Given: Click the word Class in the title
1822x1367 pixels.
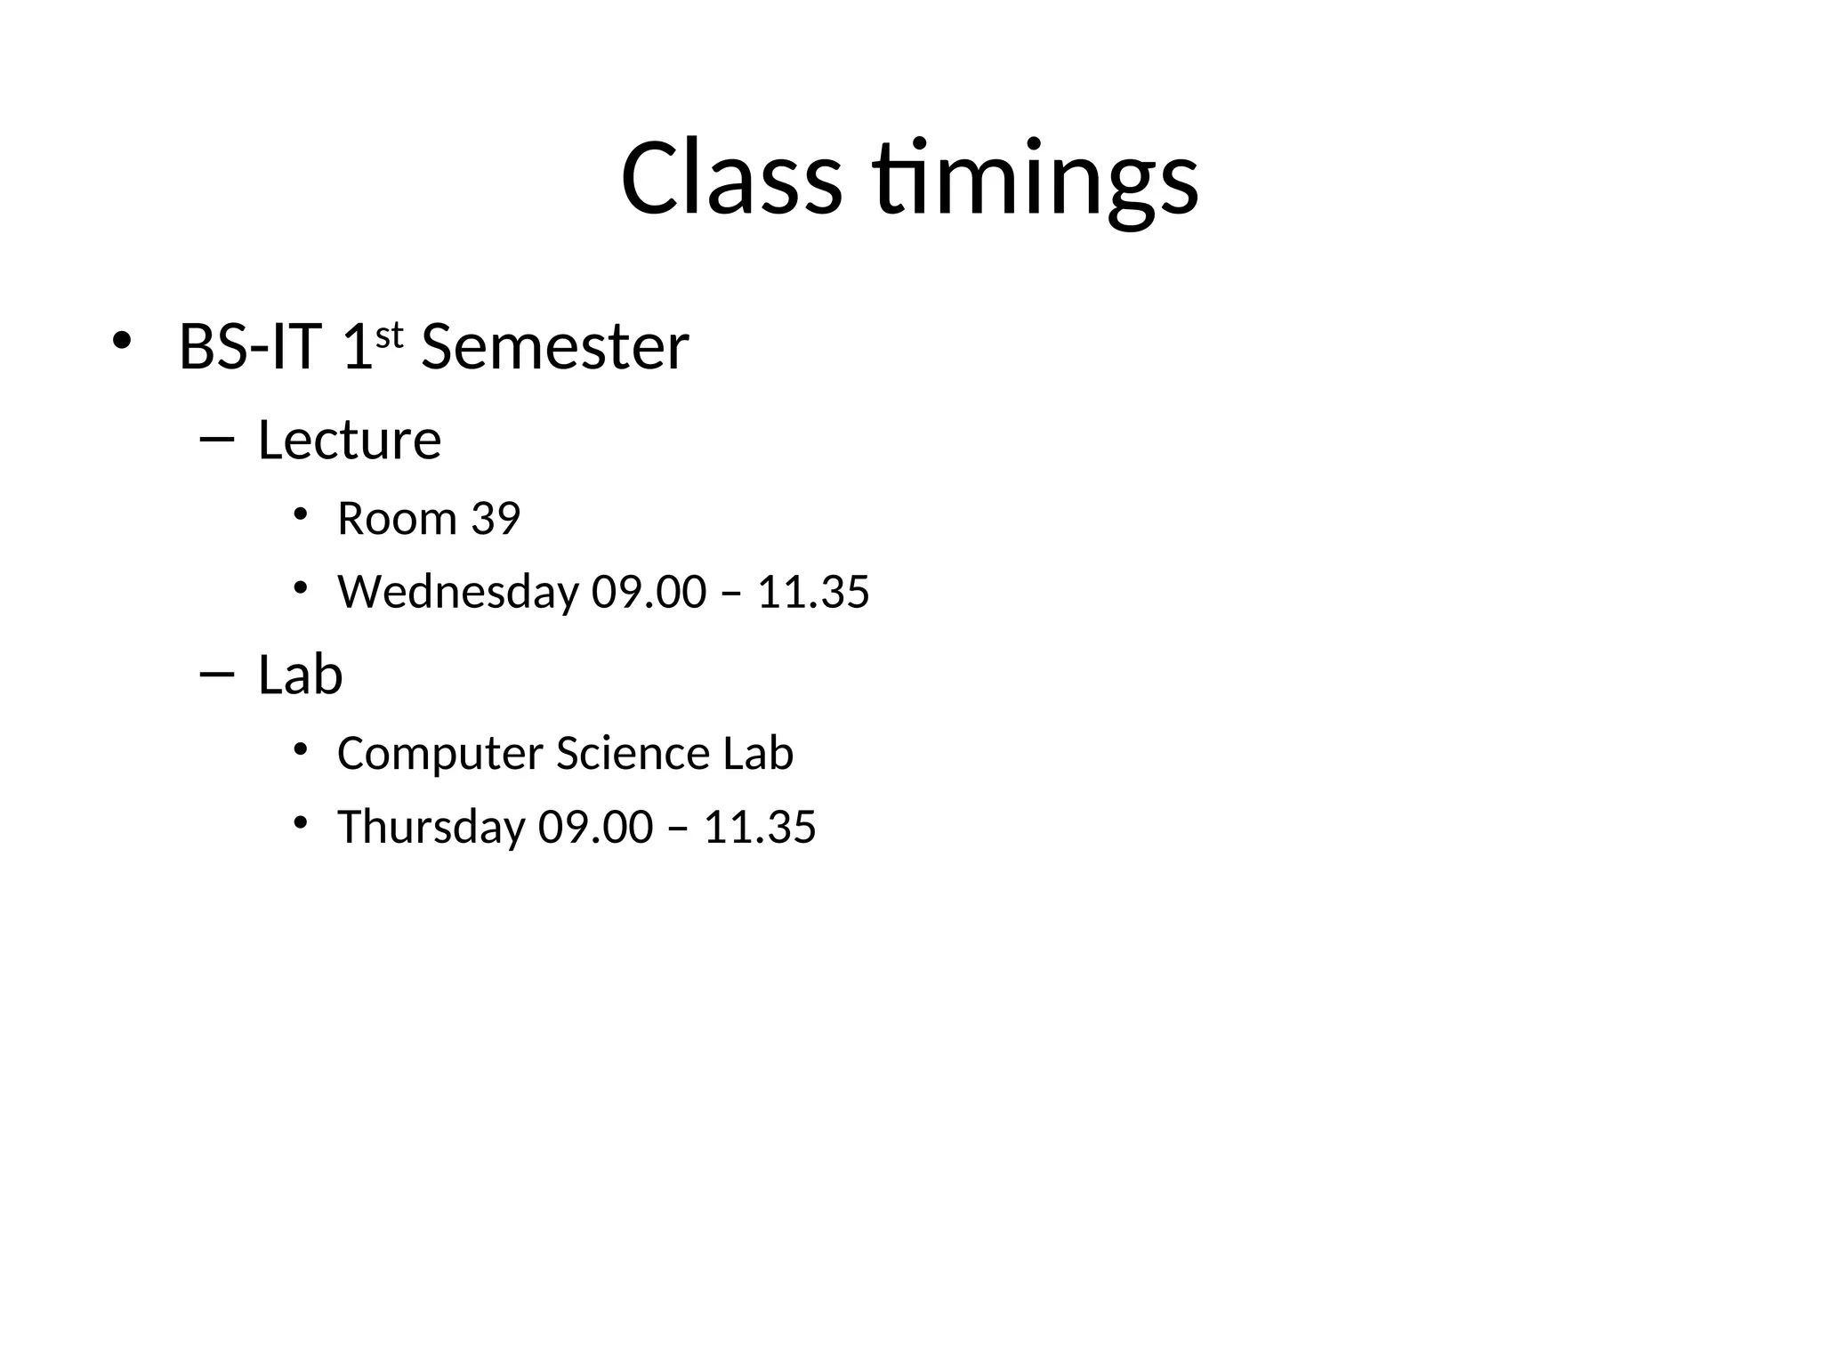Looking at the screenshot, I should point(731,178).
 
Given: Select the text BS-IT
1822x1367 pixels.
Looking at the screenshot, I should point(250,346).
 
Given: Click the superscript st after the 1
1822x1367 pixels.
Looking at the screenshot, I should point(390,336).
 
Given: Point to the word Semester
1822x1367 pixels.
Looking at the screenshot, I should point(554,346).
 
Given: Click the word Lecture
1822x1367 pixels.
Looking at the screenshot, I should point(349,440).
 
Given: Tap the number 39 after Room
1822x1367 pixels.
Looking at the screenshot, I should point(496,518).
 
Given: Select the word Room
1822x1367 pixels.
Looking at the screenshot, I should point(397,518).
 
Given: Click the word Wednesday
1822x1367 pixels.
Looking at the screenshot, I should point(458,592).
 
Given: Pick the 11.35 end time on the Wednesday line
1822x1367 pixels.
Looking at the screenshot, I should point(813,592).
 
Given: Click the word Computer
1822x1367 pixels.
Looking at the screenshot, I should point(440,754).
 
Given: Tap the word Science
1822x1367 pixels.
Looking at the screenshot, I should point(633,753).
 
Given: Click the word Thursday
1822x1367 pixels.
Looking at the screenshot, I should point(431,827).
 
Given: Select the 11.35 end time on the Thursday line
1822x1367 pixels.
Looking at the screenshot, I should point(760,827).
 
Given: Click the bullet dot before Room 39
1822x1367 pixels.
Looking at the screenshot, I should point(300,514).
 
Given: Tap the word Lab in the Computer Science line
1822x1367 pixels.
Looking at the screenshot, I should point(758,753).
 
